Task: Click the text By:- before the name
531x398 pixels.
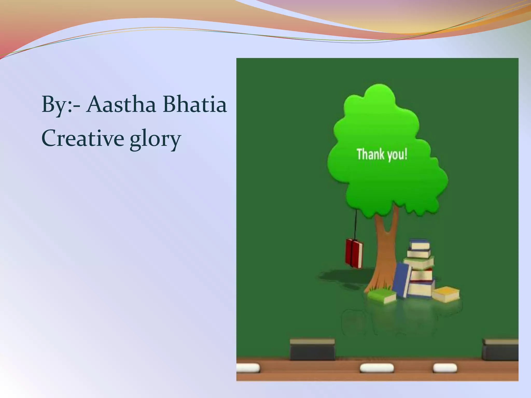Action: tap(61, 105)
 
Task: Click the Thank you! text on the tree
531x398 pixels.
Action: tap(382, 154)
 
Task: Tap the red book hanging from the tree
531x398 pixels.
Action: tap(354, 253)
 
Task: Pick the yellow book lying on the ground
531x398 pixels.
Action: tap(445, 294)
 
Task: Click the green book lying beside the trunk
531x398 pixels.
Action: tap(382, 296)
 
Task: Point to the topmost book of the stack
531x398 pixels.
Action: tap(419, 245)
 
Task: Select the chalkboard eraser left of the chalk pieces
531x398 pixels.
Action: tap(312, 350)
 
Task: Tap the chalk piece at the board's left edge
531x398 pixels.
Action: tap(248, 367)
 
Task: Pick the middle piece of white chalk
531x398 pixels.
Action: tap(376, 368)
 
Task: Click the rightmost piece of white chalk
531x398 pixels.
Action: tap(445, 367)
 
